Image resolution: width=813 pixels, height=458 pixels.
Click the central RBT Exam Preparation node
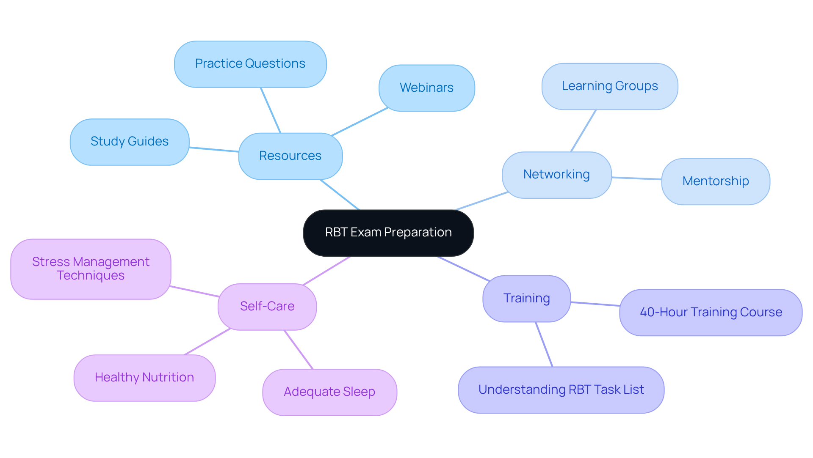[388, 233]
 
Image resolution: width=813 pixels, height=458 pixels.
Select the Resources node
[290, 156]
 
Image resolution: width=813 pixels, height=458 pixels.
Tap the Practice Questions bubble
[250, 64]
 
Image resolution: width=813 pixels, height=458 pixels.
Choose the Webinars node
[426, 88]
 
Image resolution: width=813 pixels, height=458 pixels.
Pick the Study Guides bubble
[130, 142]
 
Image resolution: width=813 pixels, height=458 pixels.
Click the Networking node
[556, 175]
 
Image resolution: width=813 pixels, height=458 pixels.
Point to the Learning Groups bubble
[610, 86]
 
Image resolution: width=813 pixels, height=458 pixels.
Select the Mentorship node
[716, 181]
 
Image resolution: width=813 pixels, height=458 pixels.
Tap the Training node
[526, 299]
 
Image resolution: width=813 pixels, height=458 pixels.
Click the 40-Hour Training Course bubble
[711, 313]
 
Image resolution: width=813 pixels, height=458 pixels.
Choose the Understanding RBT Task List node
[561, 389]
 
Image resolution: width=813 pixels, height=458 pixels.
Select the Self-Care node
[267, 307]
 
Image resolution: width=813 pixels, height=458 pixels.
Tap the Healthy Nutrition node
[144, 378]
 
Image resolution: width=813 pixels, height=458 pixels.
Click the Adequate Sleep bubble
[329, 392]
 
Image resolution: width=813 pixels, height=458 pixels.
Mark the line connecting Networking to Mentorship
[636, 178]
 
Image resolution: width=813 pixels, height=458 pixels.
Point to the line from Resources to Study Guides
[214, 149]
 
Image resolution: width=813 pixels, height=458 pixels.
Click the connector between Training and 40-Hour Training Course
[595, 304]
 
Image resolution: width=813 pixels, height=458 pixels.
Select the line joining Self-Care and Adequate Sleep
[299, 350]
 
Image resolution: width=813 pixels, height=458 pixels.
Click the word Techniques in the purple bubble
[91, 276]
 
